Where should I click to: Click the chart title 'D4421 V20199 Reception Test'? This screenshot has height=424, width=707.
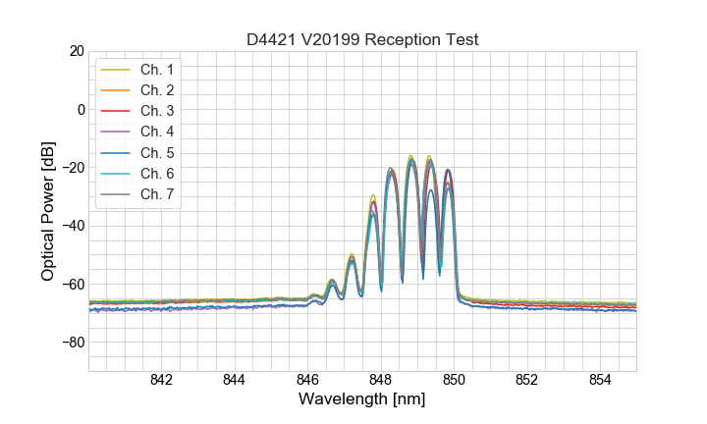click(362, 39)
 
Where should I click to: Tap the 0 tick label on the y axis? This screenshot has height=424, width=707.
click(81, 109)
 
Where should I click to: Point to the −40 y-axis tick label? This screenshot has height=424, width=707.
click(73, 226)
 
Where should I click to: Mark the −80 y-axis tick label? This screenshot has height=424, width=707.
click(73, 343)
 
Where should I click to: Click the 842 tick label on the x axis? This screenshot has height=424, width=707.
click(162, 381)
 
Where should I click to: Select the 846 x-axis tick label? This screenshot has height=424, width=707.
click(307, 381)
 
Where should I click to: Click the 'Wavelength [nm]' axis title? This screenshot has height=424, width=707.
click(362, 400)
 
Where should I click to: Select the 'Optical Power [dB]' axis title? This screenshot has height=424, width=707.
click(47, 211)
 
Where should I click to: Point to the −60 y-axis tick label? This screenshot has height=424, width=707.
click(73, 285)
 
